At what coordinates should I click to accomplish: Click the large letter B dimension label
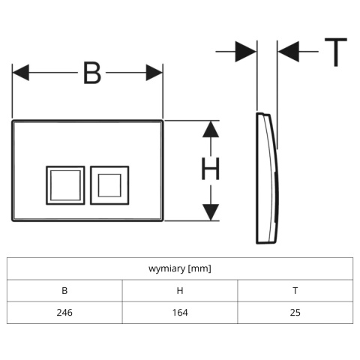92,73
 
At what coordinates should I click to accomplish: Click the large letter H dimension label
211,169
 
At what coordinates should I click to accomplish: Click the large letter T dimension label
336,52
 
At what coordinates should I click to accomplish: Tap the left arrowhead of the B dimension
21,73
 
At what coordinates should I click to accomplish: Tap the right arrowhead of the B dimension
154,73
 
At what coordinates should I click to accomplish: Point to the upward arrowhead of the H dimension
211,129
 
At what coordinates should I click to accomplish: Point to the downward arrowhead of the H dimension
211,212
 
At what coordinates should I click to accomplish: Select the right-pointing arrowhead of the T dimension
246,52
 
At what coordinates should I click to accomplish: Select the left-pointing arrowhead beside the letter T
289,52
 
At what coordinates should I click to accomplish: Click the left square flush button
65,185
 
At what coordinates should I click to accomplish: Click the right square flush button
109,185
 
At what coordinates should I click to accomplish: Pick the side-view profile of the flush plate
266,178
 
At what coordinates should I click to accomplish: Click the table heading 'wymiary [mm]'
180,268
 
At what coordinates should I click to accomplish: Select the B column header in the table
64,291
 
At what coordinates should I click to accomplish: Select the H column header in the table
180,291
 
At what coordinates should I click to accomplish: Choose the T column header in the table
295,291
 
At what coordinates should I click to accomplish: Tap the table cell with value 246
64,313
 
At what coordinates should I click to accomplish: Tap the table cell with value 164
180,313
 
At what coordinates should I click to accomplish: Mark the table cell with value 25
295,313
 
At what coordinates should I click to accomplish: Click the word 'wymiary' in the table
166,269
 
